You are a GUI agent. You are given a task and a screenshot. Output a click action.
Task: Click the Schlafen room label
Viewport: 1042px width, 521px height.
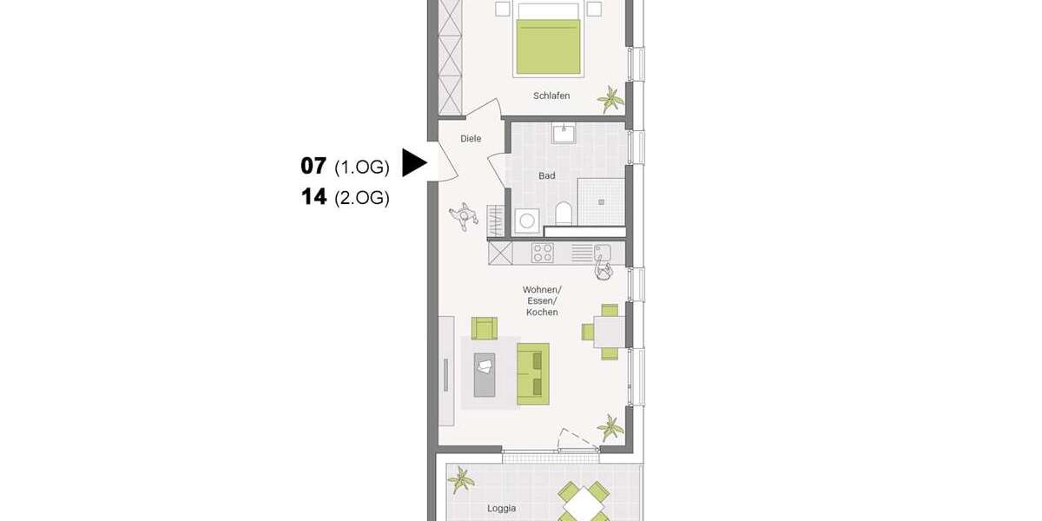click(x=551, y=96)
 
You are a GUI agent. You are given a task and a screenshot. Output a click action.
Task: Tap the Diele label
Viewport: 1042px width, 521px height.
click(x=471, y=139)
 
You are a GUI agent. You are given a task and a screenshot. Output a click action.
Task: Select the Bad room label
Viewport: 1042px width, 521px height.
click(x=546, y=176)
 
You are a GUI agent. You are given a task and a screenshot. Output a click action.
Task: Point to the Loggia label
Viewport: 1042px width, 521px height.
click(x=501, y=508)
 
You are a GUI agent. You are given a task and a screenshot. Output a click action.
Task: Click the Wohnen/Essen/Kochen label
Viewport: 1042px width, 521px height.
click(x=542, y=300)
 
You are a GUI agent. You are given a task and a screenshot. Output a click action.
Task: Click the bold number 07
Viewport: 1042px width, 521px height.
click(x=313, y=165)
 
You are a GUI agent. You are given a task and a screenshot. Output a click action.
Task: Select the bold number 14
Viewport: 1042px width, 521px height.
click(x=313, y=197)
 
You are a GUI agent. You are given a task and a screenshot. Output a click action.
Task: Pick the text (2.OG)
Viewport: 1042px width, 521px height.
click(x=361, y=198)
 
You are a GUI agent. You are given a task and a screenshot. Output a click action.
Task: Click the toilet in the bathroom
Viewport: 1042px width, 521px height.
click(x=563, y=214)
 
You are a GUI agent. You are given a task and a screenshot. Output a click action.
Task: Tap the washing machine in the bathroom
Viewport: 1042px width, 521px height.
click(x=526, y=221)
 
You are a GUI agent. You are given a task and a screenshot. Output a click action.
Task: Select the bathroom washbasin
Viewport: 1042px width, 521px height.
click(x=564, y=134)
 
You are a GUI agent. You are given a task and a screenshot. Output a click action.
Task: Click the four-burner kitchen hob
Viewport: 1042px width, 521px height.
click(x=543, y=253)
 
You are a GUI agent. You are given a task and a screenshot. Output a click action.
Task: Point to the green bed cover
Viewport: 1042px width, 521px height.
click(x=548, y=47)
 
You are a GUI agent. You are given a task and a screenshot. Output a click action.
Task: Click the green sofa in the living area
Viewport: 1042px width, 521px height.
click(x=533, y=373)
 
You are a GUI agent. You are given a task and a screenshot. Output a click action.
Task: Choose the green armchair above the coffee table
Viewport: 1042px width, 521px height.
click(x=485, y=327)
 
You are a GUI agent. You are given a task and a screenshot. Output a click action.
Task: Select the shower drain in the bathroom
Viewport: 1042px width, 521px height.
click(x=600, y=201)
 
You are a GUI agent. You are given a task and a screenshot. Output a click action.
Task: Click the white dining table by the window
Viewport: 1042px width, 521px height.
click(x=610, y=331)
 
